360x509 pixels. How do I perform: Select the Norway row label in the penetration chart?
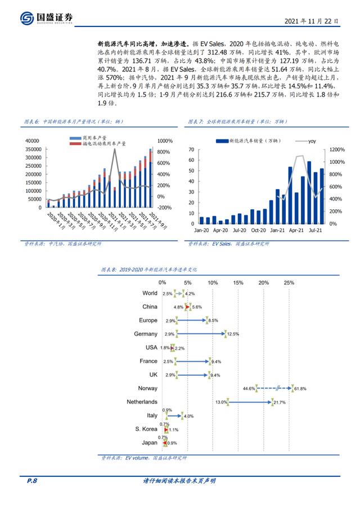pos(148,388)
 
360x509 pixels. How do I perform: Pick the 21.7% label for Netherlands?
pos(280,403)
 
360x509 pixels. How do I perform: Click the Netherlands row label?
pos(142,402)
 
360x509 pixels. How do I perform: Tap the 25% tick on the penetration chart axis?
pos(289,282)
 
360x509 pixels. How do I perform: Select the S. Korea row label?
pos(146,429)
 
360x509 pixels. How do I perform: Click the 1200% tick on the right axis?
pos(336,150)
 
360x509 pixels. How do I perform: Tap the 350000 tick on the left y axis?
pos(33,150)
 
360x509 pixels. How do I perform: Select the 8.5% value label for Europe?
pos(213,321)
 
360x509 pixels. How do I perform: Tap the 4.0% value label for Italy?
pos(188,416)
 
